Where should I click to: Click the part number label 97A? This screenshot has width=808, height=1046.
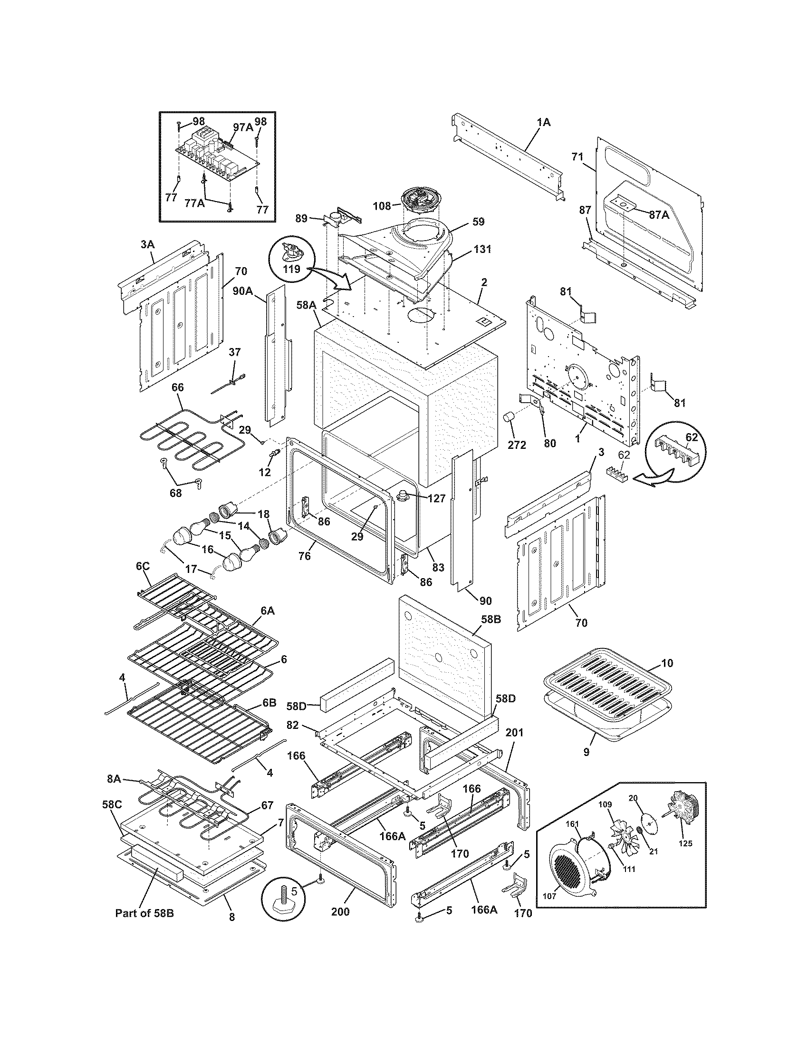coord(243,127)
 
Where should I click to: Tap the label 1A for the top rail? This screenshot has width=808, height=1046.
coord(543,123)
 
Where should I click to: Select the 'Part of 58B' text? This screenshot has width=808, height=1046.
coord(144,913)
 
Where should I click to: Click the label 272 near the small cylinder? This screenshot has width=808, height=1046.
coord(517,445)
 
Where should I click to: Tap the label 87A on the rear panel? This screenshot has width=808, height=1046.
coord(659,215)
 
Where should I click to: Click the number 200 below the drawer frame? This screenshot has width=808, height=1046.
coord(340,911)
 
